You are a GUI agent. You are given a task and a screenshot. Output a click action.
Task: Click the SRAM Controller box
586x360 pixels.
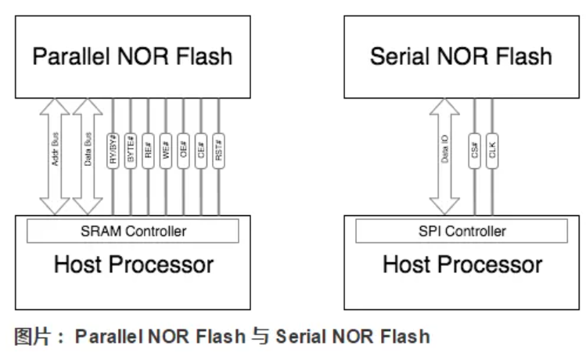(x=133, y=231)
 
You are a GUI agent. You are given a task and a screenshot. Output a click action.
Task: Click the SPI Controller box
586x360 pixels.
(x=461, y=231)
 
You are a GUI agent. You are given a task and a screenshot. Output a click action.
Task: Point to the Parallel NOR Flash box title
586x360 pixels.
(x=132, y=57)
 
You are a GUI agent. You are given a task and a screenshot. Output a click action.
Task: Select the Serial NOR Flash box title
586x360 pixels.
(x=461, y=57)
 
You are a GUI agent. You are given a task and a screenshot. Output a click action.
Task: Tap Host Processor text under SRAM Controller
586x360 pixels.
(x=133, y=265)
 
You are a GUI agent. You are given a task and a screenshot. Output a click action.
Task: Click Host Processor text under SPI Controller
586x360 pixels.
(x=462, y=265)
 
